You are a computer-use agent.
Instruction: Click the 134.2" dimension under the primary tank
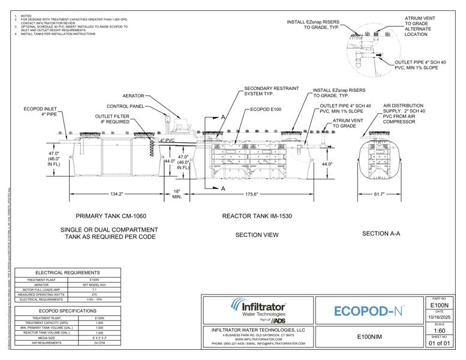pyautogui.click(x=116, y=194)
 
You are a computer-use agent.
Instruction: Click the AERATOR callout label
pyautogui.click(x=133, y=95)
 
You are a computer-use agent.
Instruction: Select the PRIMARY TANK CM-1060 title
pyautogui.click(x=111, y=216)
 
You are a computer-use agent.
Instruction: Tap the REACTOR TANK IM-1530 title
pyautogui.click(x=257, y=216)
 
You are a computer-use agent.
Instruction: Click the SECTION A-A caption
pyautogui.click(x=381, y=233)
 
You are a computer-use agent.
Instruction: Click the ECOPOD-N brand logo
pyautogui.click(x=368, y=311)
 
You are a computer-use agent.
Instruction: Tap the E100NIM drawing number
pyautogui.click(x=367, y=336)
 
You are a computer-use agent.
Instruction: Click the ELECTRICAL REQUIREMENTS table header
pyautogui.click(x=67, y=272)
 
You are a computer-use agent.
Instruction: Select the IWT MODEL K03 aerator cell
pyautogui.click(x=100, y=284)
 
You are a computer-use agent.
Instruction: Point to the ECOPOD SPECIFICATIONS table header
pyautogui.click(x=67, y=311)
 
